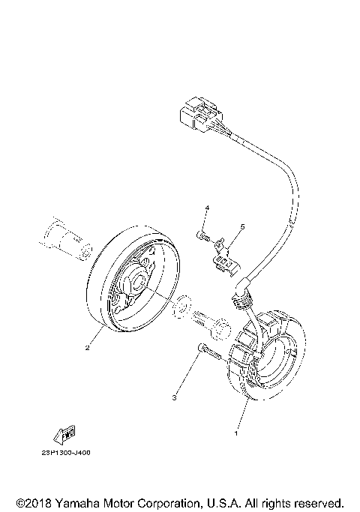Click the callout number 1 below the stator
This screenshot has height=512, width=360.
click(237, 433)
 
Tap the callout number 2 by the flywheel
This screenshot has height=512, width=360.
click(88, 348)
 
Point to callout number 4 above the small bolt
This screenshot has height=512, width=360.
click(208, 207)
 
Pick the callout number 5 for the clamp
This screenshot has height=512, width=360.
click(242, 226)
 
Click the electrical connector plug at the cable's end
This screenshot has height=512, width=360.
click(193, 115)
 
